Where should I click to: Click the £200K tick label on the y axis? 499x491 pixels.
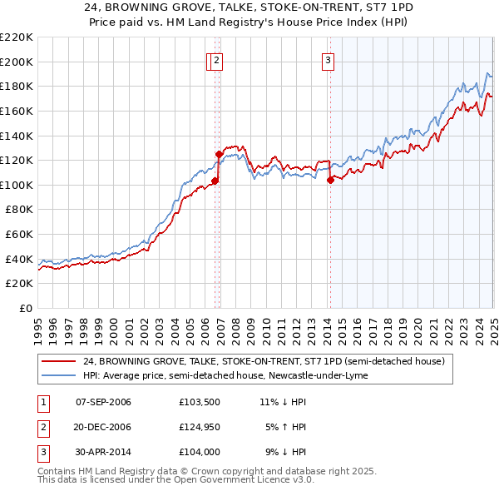[x=17, y=62]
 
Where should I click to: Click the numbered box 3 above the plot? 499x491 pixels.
[x=329, y=59]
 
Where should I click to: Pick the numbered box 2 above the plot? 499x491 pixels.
[x=216, y=59]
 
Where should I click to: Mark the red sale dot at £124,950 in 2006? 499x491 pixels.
[x=219, y=154]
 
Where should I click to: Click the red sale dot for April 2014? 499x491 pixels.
[x=330, y=180]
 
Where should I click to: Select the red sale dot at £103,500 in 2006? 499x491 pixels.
[x=215, y=181]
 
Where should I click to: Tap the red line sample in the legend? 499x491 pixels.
[x=59, y=362]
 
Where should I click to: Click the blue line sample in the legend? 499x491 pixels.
[x=59, y=375]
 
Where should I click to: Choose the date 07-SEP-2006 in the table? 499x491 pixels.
[x=103, y=402]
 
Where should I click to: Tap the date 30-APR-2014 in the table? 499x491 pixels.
[x=103, y=452]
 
